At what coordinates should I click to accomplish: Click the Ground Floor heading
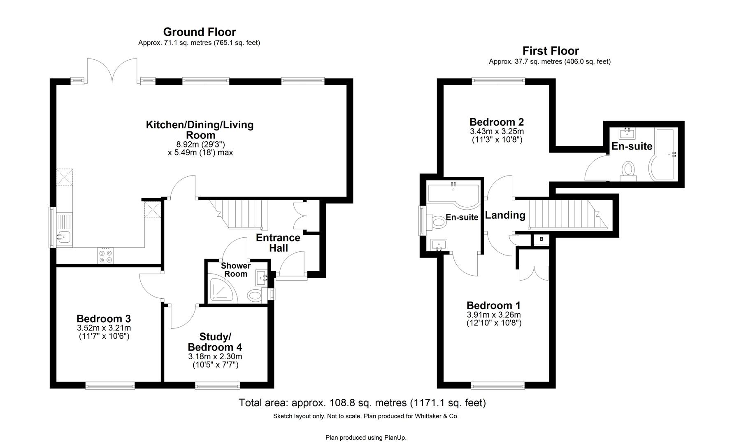click(200, 32)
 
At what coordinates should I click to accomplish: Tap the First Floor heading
click(551, 51)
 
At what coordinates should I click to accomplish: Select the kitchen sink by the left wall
click(64, 237)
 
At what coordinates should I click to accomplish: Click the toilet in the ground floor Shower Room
click(256, 295)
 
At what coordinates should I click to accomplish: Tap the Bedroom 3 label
click(104, 319)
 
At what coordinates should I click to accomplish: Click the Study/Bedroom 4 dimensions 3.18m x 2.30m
click(215, 356)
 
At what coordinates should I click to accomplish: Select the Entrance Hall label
click(278, 243)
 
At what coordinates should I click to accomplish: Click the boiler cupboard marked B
click(541, 239)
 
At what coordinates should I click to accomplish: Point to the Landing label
click(505, 215)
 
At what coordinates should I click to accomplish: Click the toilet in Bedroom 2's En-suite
click(628, 170)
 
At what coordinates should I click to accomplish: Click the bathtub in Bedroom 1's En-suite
click(453, 194)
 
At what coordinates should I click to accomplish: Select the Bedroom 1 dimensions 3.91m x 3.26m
click(494, 315)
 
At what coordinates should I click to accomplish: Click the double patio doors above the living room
click(112, 71)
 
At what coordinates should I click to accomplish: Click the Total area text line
click(362, 403)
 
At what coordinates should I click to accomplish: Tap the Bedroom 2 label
click(497, 122)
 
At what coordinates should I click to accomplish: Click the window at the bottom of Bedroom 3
click(110, 386)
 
